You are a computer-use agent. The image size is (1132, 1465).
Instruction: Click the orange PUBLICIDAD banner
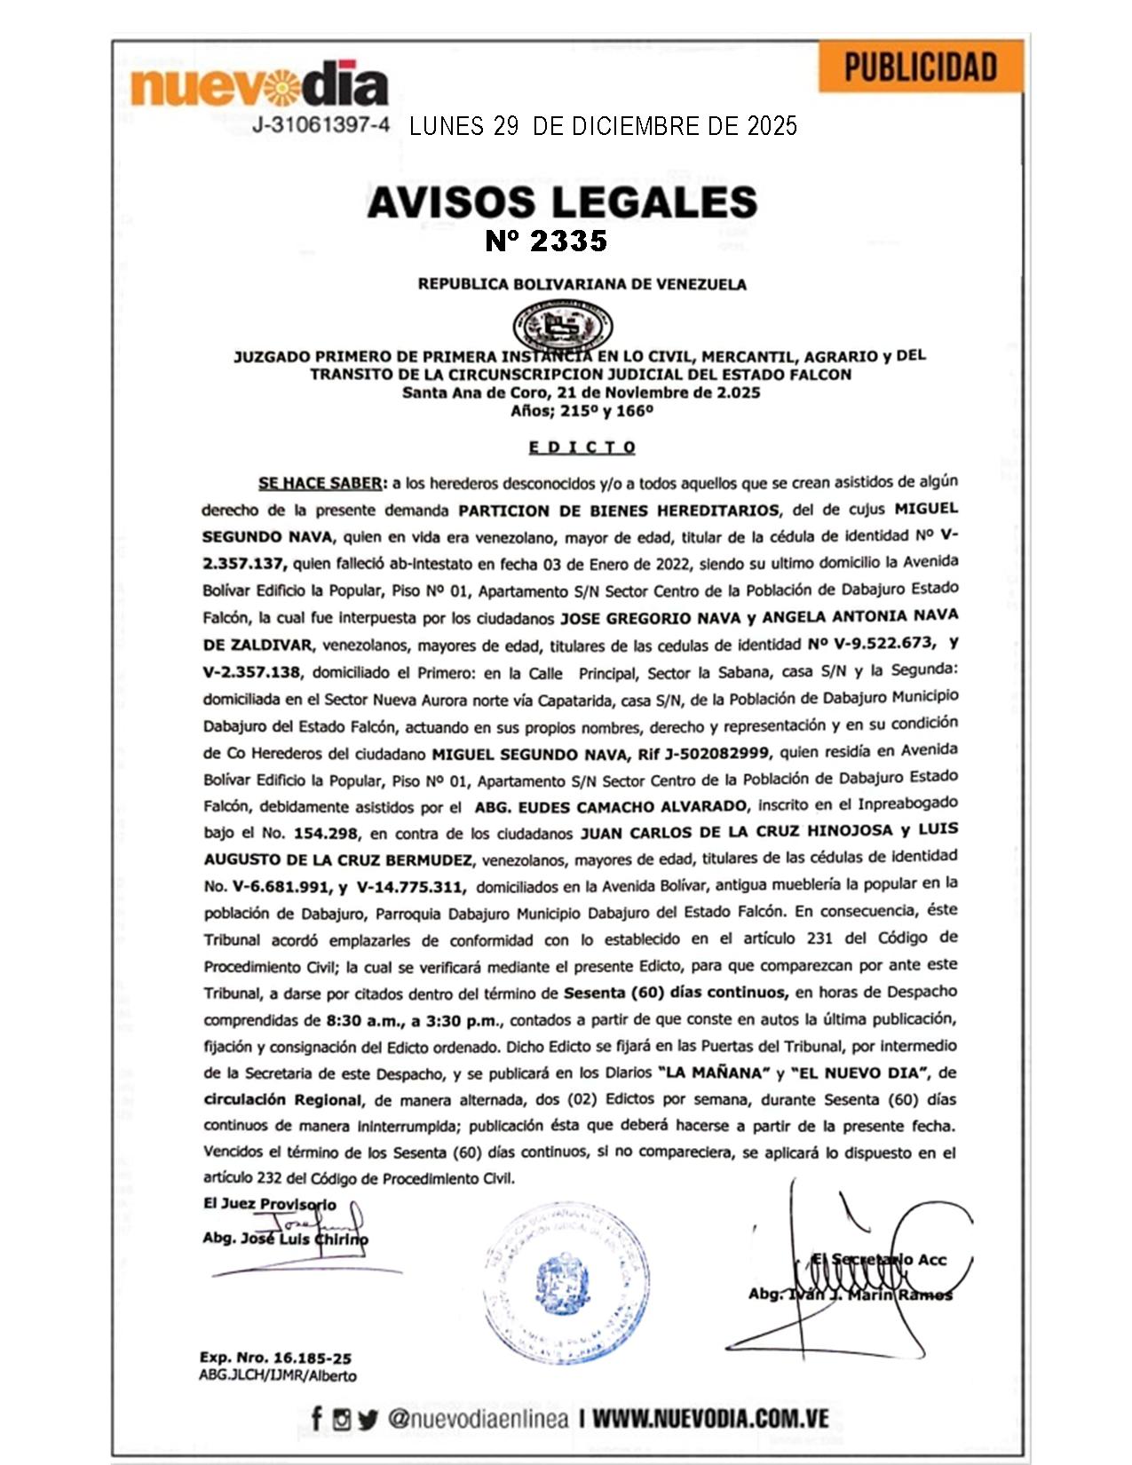tap(921, 67)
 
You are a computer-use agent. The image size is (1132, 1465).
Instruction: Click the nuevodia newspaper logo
tap(259, 87)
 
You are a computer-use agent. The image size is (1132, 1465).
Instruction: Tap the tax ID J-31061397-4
tap(321, 125)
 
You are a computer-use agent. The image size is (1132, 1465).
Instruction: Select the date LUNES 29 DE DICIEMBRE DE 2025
tap(603, 126)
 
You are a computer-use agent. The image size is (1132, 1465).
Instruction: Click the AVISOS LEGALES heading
tap(562, 202)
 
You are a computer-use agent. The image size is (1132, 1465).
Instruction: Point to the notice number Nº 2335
tap(546, 241)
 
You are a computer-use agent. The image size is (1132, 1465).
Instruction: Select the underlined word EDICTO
tap(582, 447)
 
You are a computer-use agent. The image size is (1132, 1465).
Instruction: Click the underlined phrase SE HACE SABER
tap(321, 484)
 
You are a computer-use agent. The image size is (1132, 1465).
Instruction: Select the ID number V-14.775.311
tap(410, 887)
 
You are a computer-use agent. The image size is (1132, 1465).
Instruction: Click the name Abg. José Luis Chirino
tap(285, 1239)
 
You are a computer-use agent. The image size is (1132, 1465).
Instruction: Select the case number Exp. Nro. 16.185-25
tap(275, 1358)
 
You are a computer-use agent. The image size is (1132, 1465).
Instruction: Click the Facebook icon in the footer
tap(317, 1419)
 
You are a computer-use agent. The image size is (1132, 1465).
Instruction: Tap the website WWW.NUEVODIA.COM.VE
tap(710, 1418)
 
